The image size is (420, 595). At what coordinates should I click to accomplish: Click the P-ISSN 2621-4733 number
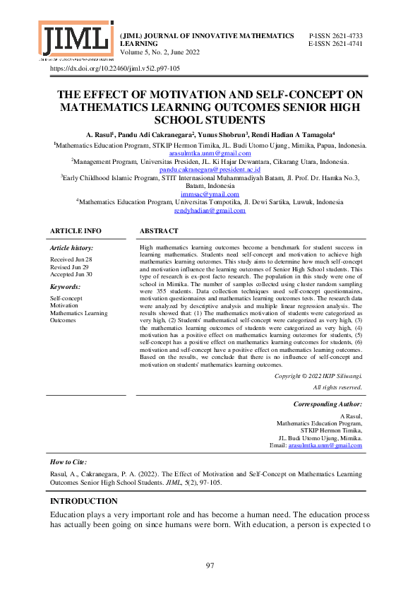point(336,35)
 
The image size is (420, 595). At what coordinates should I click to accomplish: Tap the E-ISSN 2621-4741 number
point(336,44)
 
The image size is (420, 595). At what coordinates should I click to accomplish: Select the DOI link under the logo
point(114,69)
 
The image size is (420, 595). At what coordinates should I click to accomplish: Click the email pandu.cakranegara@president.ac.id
point(210,170)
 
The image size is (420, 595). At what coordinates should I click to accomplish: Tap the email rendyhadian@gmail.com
point(210,211)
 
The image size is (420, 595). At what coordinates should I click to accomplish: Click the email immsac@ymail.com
point(210,194)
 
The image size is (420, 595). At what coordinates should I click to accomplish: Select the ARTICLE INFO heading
point(76,231)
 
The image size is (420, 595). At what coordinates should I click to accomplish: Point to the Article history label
point(71,249)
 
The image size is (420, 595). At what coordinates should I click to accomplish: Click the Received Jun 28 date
point(71,260)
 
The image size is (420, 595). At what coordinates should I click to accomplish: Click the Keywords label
point(65,287)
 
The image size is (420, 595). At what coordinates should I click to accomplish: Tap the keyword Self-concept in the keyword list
point(66,298)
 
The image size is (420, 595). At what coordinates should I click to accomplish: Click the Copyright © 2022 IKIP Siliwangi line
point(318,376)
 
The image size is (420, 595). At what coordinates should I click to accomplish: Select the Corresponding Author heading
point(328,403)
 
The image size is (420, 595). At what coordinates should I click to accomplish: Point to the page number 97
point(210,565)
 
